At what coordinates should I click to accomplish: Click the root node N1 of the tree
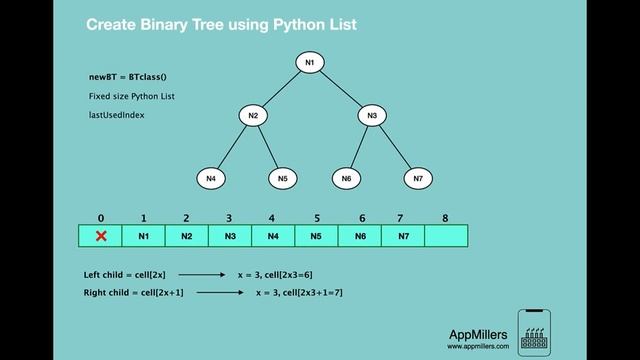tap(310, 63)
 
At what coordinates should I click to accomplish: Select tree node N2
tap(254, 117)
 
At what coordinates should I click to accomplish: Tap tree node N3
tap(371, 117)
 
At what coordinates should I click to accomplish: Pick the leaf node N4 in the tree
tap(210, 178)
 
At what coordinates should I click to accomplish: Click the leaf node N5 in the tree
tap(283, 178)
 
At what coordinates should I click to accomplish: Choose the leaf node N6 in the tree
tap(347, 178)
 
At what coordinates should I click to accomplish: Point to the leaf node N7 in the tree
tap(418, 178)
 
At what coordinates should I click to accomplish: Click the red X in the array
tap(100, 237)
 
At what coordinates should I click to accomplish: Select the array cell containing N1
tap(143, 237)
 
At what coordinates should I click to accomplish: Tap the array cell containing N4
tap(273, 237)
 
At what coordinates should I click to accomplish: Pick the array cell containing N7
tap(403, 237)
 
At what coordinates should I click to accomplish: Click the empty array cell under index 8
tap(446, 237)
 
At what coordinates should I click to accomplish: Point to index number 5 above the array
tap(316, 216)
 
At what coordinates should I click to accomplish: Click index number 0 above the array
tap(100, 216)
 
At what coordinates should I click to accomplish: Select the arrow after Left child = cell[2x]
tap(203, 273)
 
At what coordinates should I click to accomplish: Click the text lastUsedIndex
tap(117, 115)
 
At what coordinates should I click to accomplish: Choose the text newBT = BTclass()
tap(128, 76)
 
